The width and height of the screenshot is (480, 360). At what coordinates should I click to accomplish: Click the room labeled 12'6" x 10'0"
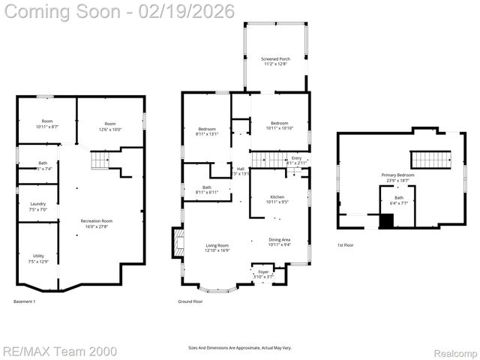[110, 126]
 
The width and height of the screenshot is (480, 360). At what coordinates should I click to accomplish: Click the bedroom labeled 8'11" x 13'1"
[207, 131]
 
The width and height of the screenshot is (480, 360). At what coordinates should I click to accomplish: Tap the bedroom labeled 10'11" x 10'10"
[279, 126]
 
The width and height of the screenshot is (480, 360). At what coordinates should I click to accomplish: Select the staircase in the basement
[100, 160]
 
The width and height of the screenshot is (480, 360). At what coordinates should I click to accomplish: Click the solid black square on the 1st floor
[386, 221]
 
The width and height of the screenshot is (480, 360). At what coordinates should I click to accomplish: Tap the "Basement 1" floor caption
[25, 301]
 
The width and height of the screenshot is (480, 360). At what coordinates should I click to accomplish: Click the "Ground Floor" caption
[190, 301]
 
